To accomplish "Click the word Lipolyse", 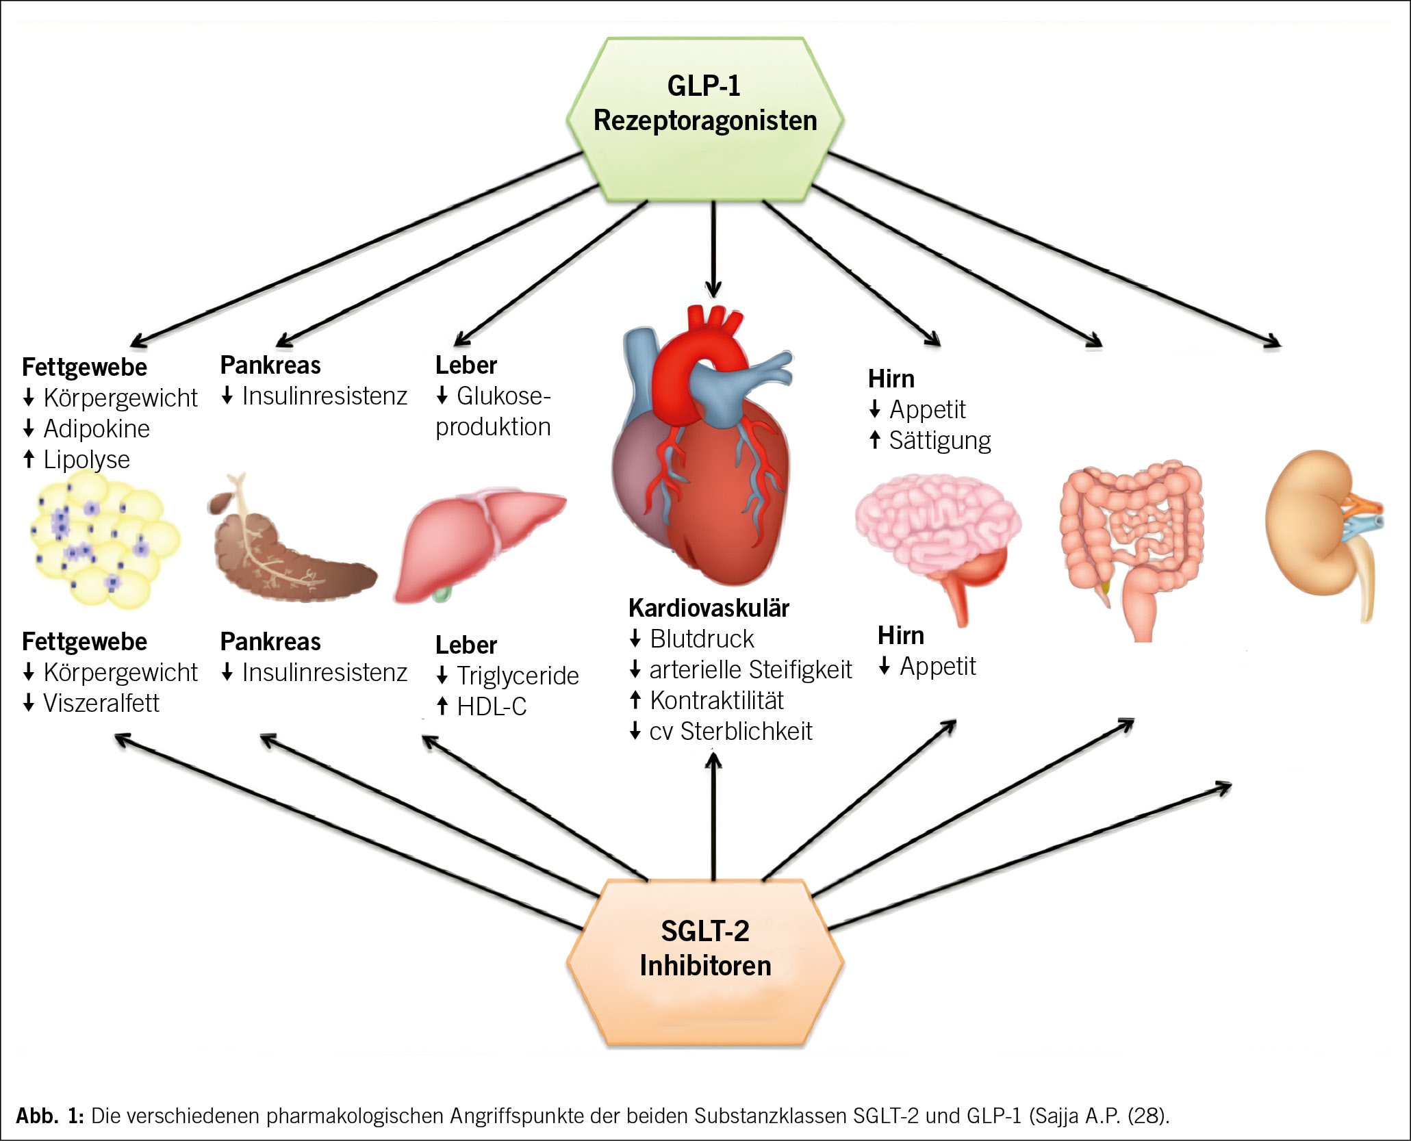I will (86, 459).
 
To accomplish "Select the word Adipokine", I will (97, 428).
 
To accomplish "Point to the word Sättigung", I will (939, 441).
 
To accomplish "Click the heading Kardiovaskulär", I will (709, 608).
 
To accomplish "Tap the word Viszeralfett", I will (101, 703).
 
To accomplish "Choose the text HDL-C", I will (492, 706).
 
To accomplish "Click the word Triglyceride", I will (518, 676).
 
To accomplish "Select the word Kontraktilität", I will (717, 700).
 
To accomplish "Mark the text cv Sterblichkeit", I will (730, 731).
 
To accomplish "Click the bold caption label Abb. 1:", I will (49, 1115).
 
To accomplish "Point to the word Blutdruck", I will (702, 639).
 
